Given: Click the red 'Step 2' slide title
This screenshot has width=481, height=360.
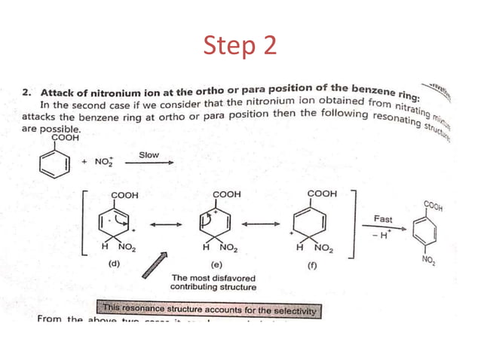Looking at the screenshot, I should coord(240,47).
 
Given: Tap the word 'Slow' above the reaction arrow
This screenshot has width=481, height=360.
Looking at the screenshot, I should coord(149,155).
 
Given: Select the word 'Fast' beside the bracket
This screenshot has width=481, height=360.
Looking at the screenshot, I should coord(383,219).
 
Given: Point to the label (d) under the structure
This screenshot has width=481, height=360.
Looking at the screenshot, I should coord(115,264).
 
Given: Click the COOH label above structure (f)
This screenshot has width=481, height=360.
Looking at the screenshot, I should coord(323,194).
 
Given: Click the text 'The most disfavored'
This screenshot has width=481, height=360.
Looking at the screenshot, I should coord(213,278).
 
